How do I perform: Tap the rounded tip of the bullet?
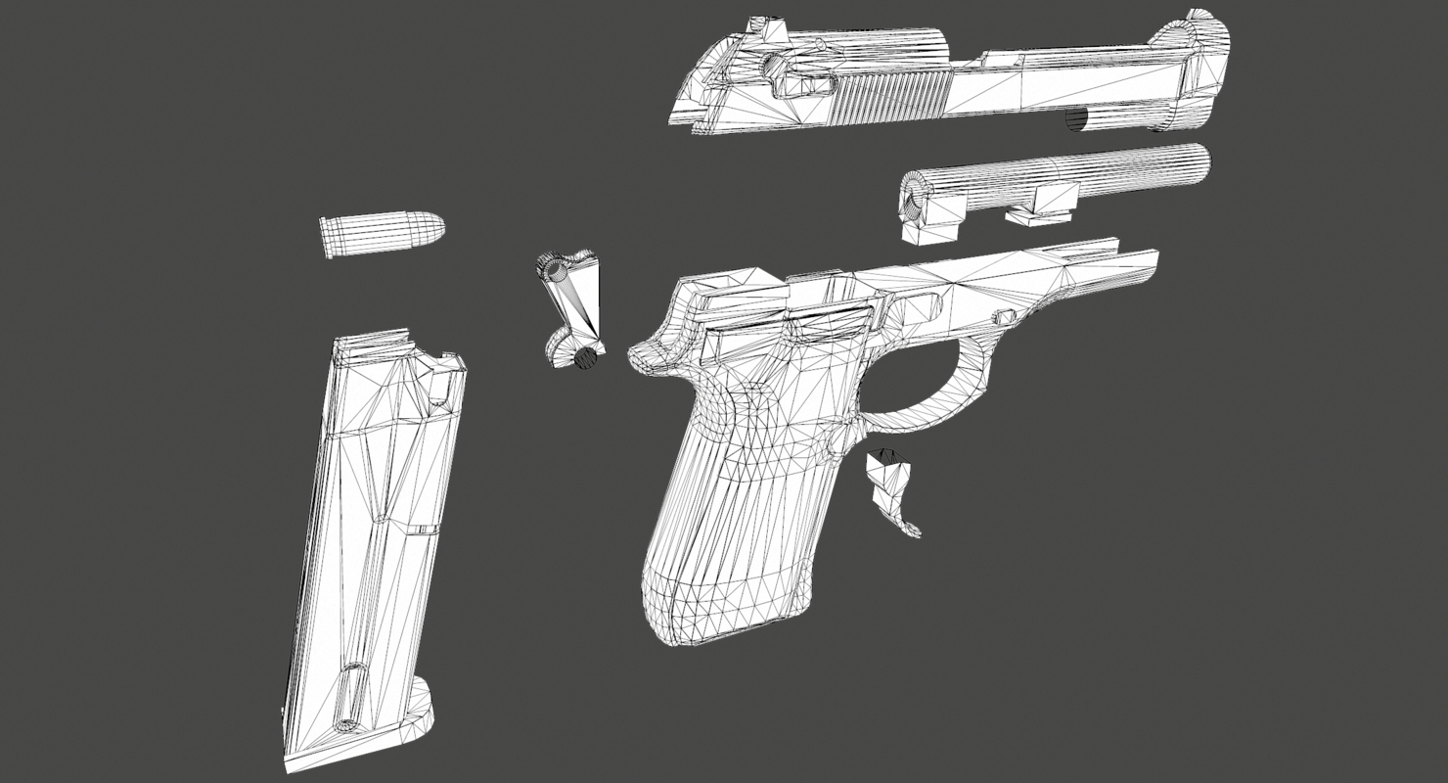434,229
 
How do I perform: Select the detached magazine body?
377,529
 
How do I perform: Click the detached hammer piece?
573,308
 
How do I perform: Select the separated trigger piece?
892,489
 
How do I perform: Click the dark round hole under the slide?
1076,119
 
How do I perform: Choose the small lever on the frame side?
1004,316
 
